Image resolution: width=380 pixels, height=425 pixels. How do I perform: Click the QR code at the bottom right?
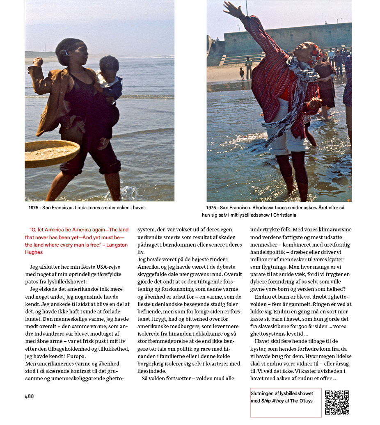[x=337, y=402]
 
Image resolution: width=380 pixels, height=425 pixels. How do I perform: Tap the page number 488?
[x=30, y=396]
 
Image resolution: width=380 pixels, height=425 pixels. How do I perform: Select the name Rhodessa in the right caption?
[x=260, y=208]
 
